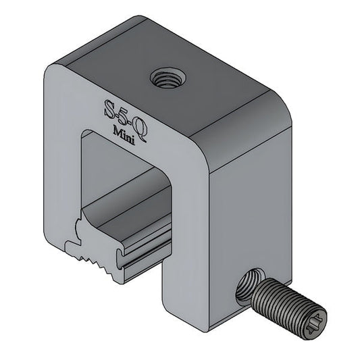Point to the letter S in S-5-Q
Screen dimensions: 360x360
click(x=107, y=106)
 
